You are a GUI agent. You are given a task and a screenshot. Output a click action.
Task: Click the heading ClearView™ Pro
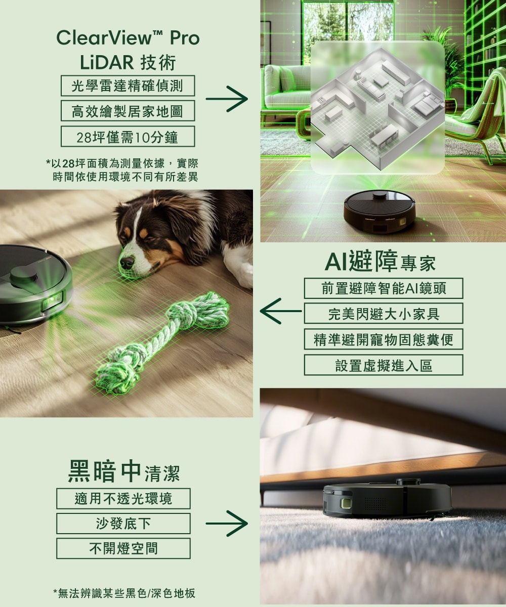tap(128, 38)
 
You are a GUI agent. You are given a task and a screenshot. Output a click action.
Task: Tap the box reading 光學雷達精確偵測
tap(128, 86)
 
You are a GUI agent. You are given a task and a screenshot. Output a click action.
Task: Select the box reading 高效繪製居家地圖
tap(128, 111)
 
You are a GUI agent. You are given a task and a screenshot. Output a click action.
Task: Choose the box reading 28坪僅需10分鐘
tap(128, 137)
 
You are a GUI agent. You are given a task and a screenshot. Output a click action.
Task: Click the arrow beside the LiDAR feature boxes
tap(227, 99)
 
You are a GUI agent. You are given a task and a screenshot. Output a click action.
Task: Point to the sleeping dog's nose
tap(127, 263)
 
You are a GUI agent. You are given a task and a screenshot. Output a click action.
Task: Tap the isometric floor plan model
tap(377, 108)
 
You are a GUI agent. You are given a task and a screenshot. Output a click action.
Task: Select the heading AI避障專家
tap(380, 261)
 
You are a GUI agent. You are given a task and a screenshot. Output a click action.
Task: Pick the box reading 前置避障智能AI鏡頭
tap(384, 288)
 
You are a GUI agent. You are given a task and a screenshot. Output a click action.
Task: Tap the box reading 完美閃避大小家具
tap(384, 314)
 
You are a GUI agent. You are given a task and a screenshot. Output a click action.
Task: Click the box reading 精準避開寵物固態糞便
tap(384, 339)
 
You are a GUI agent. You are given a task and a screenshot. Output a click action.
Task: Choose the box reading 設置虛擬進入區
tap(384, 365)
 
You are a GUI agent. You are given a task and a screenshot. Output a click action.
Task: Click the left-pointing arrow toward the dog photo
tap(281, 311)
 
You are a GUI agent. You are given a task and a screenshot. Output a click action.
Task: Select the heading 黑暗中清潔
tap(123, 471)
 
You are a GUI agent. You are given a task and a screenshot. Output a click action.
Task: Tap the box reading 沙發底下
tap(123, 524)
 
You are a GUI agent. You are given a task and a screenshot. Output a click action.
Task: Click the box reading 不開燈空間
tap(123, 548)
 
